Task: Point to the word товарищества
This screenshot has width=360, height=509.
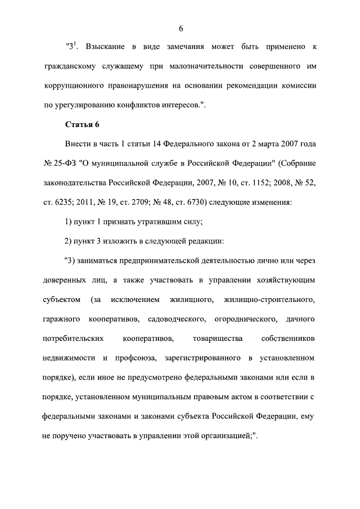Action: coord(217,339)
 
